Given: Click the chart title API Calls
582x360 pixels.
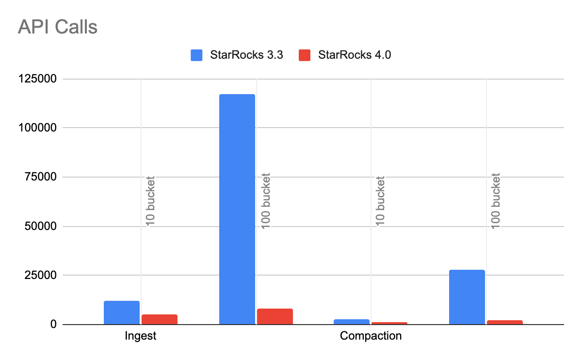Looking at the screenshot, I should pos(58,27).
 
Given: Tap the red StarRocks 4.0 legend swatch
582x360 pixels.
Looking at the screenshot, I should pos(305,55).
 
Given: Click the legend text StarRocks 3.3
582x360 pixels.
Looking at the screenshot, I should pos(246,55).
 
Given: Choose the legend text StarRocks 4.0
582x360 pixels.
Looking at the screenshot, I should pos(355,55).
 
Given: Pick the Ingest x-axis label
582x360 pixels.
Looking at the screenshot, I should pos(141,336).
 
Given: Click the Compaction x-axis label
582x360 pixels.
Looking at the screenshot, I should pos(371,336).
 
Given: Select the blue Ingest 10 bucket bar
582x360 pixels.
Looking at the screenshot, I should pos(122,313).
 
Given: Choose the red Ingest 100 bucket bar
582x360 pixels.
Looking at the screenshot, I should pos(275,317).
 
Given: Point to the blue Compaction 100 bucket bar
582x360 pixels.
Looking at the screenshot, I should pos(467,297).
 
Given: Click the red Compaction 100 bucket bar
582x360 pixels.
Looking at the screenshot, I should pos(505,323).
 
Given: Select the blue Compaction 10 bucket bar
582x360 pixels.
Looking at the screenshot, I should pos(352,322).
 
